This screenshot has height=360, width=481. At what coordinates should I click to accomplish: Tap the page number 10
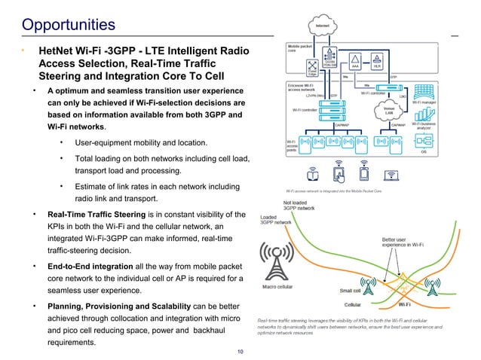coord(240,352)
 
